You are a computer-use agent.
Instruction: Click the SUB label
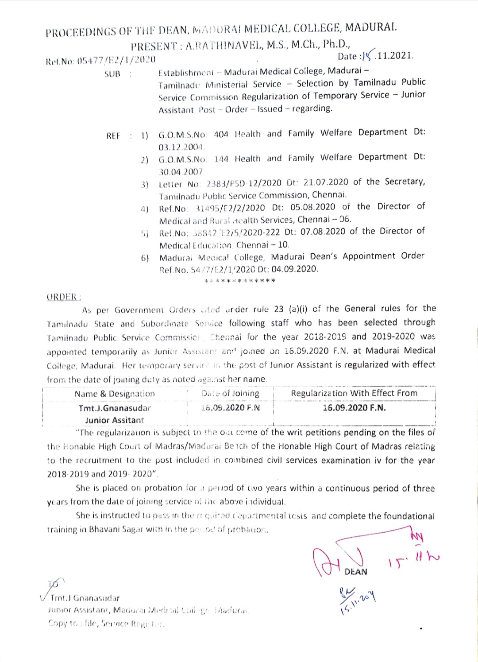112,74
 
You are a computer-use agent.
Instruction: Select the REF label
113,136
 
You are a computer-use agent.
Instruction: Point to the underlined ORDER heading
63,297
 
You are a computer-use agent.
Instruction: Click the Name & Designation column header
115,394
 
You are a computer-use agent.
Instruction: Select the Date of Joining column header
230,393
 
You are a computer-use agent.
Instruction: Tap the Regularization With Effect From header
354,393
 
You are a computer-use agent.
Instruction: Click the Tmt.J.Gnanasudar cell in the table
115,408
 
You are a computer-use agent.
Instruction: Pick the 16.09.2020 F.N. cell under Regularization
354,408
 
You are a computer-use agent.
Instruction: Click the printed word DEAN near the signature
356,572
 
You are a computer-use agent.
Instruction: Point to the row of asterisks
240,281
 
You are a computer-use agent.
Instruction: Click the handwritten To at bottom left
57,584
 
